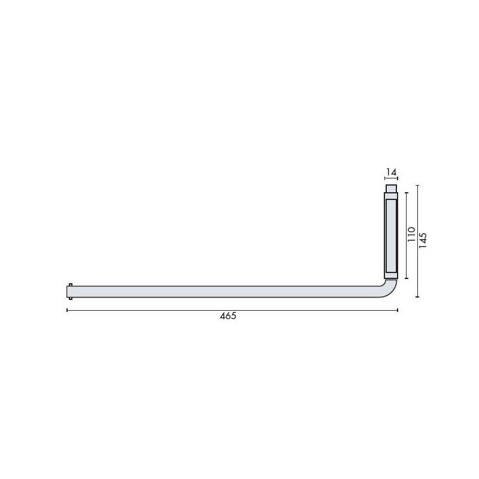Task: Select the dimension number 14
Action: tap(391, 172)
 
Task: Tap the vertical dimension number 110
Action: tap(411, 235)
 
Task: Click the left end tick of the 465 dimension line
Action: tap(67, 310)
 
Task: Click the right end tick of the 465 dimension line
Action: tap(398, 310)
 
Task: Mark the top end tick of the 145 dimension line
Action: tap(417, 186)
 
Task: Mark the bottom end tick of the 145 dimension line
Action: tap(417, 297)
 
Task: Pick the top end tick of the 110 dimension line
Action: tap(407, 192)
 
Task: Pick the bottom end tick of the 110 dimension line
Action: tap(407, 278)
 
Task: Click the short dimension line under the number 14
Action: tap(391, 179)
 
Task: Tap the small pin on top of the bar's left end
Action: tap(71, 284)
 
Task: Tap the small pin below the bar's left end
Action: tap(71, 299)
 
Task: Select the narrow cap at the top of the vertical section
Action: tap(391, 189)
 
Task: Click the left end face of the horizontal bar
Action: tap(67, 292)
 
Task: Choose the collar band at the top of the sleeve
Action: tap(391, 196)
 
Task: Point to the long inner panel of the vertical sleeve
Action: tap(391, 235)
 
